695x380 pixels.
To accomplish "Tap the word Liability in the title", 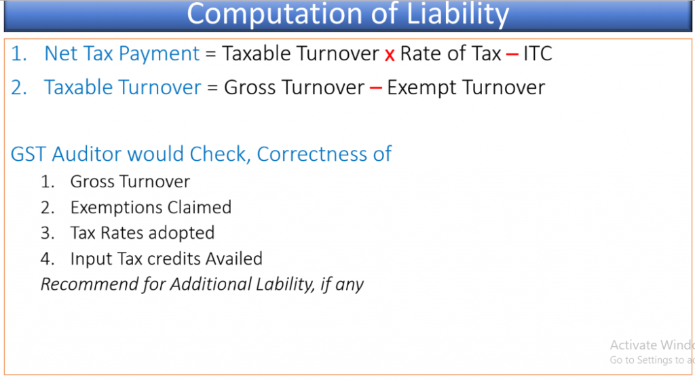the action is click(x=458, y=15).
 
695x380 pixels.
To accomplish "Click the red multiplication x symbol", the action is click(x=390, y=55).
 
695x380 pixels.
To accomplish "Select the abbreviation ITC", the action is click(x=538, y=54).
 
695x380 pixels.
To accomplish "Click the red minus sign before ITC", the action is click(x=512, y=54).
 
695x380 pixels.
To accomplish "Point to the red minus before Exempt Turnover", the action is click(x=375, y=88).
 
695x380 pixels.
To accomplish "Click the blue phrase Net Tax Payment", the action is click(x=122, y=54).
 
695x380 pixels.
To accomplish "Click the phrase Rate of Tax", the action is click(x=451, y=54).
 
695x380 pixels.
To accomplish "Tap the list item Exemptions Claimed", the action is click(x=151, y=207).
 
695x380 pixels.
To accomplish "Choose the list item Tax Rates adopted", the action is click(x=143, y=233).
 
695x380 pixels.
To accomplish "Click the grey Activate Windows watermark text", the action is click(x=652, y=345).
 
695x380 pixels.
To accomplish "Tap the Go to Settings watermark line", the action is click(x=652, y=360).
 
